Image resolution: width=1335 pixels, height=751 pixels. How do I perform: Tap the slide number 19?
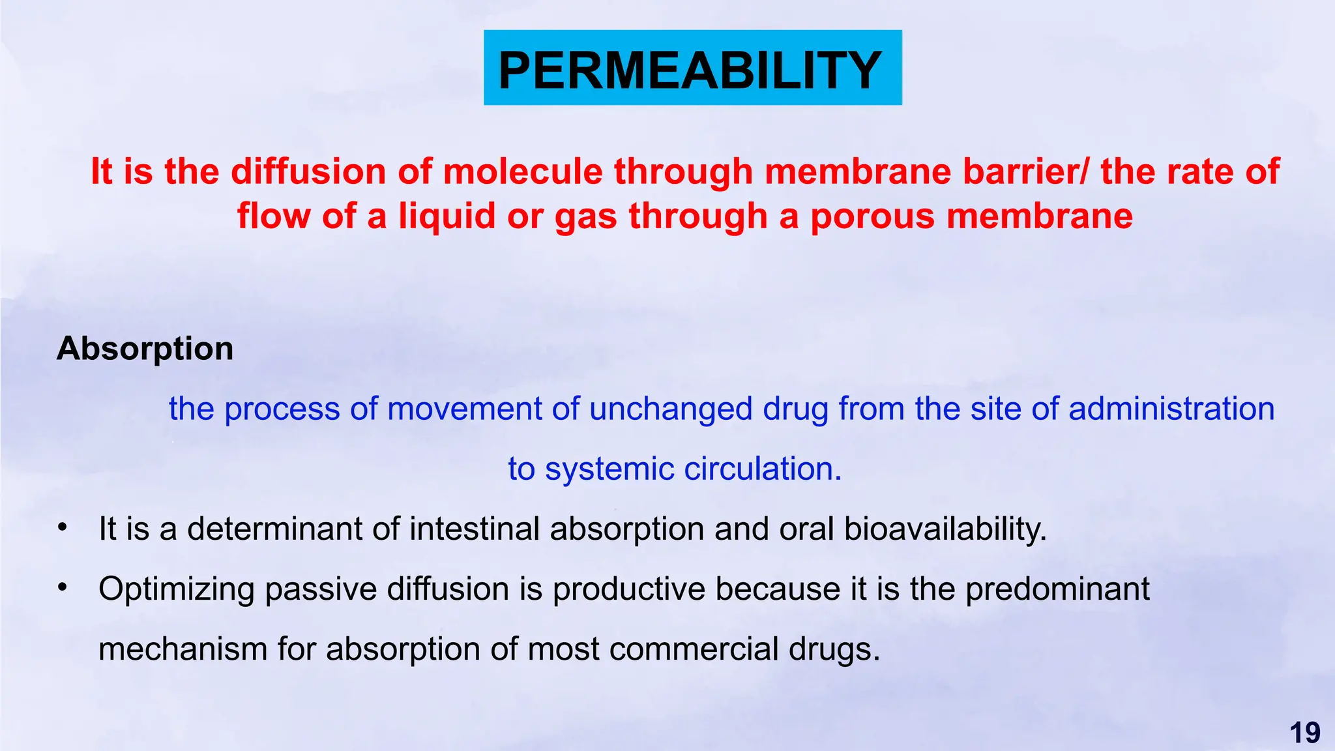point(1304,733)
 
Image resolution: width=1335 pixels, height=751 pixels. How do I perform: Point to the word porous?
point(873,216)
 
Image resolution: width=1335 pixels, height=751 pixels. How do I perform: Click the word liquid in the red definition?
point(447,216)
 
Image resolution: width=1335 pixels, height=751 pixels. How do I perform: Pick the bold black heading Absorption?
point(145,349)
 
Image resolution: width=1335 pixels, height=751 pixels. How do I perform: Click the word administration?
point(1171,409)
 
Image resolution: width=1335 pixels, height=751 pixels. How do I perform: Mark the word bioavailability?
point(945,529)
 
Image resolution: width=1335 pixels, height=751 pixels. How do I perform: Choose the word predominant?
point(1057,589)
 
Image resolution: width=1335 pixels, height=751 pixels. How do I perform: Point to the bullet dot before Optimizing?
point(63,587)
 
